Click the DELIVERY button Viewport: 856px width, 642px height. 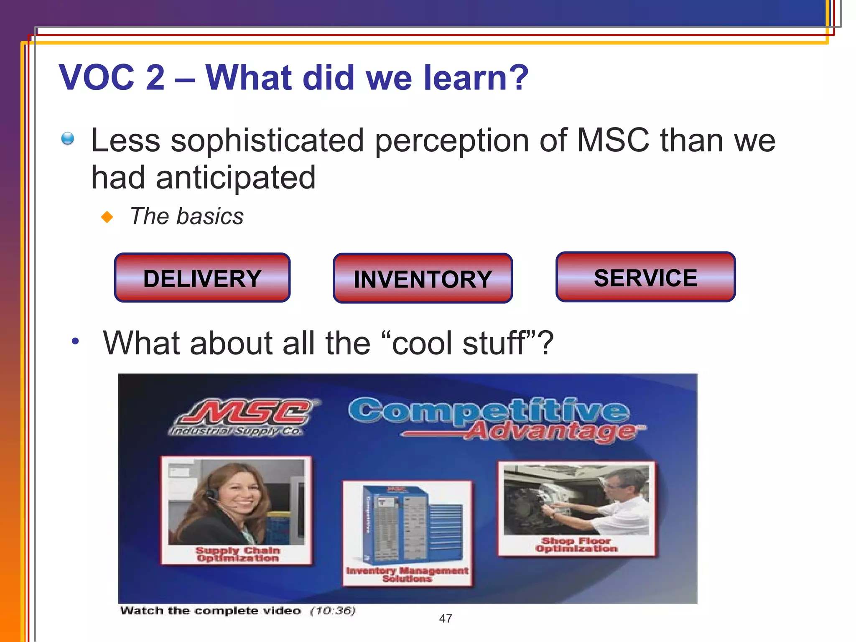[202, 278]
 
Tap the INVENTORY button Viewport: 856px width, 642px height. [423, 279]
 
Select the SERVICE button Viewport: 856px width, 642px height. [645, 277]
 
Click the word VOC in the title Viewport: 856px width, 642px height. [97, 78]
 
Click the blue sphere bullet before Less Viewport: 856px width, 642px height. [67, 138]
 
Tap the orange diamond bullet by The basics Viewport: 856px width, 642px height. [107, 217]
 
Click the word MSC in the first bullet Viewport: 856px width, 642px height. [613, 140]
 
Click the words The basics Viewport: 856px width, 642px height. [187, 217]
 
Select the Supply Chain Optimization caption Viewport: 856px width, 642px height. [237, 554]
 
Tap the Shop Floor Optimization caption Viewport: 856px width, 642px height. [576, 545]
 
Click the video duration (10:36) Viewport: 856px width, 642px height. [333, 611]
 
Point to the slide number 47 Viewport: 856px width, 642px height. [446, 619]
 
